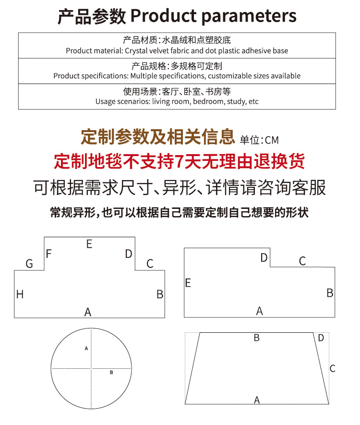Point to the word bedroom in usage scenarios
pos(208,101)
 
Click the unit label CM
pos(272,140)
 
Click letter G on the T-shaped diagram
pos(29,264)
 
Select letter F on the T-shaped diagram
pos(48,253)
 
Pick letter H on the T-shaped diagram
pos(20,294)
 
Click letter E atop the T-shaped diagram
pos(89,244)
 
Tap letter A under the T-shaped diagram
pos(88,312)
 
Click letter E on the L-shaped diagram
pos(188,283)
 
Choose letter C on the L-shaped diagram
pos(302,261)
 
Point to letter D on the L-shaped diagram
pos(264,258)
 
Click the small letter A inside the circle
pos(86,348)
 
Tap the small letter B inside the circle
pos(111,372)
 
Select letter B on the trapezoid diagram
pos(257,338)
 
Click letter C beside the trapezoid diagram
pos(332,369)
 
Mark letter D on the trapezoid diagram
pos(321,338)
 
